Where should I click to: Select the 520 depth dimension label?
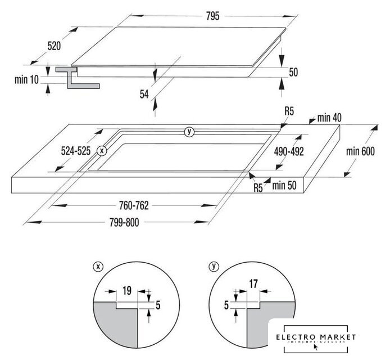pos(38,46)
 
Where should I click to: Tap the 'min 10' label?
pos(26,79)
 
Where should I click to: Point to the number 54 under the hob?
pos(145,95)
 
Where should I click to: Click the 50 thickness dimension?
pos(293,72)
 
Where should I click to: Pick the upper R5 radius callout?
pos(289,111)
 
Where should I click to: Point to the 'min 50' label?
pos(284,184)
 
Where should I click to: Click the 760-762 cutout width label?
pos(134,205)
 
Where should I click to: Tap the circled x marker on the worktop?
pos(102,150)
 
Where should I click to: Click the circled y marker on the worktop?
pos(189,132)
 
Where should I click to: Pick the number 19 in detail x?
pos(127,291)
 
